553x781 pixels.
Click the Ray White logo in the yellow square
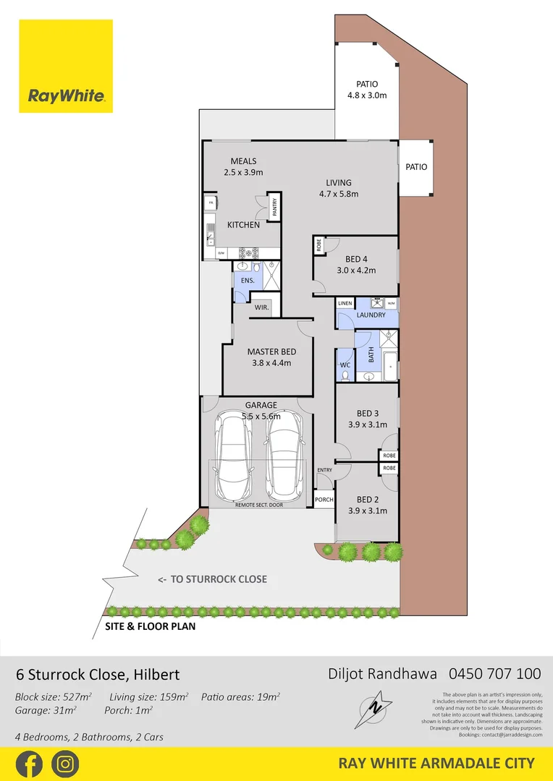point(66,95)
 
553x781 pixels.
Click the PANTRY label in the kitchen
point(275,208)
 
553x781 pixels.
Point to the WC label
point(345,365)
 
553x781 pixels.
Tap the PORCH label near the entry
point(324,500)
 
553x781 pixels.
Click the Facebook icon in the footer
point(28,764)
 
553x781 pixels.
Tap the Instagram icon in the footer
point(65,764)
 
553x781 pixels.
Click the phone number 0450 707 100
point(495,674)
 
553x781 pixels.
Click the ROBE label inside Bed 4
point(318,246)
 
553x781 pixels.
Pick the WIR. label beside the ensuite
point(262,307)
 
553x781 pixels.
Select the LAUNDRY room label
point(371,315)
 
